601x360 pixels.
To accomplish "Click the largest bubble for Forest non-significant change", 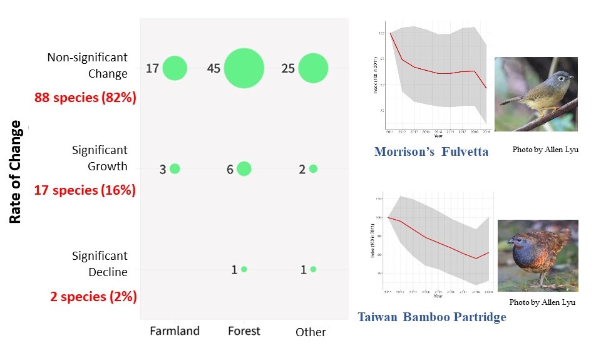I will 244,68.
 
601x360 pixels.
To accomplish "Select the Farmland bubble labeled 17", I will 175,68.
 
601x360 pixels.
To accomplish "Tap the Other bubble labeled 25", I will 313,68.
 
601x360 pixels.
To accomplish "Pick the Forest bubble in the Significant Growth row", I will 244,168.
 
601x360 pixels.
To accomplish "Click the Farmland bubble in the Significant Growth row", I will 175,168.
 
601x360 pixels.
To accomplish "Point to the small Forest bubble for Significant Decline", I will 244,269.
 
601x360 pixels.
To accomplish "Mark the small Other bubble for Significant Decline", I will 313,269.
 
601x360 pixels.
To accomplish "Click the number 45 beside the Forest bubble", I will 213,68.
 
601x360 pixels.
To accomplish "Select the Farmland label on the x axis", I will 175,331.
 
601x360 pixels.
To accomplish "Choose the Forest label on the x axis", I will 244,331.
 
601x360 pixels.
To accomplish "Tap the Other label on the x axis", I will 311,332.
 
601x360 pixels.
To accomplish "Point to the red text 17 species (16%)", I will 85,190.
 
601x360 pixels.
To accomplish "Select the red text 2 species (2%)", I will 94,296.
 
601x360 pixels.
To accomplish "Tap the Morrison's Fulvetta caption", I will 431,152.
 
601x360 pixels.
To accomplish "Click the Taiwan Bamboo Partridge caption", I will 431,317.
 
